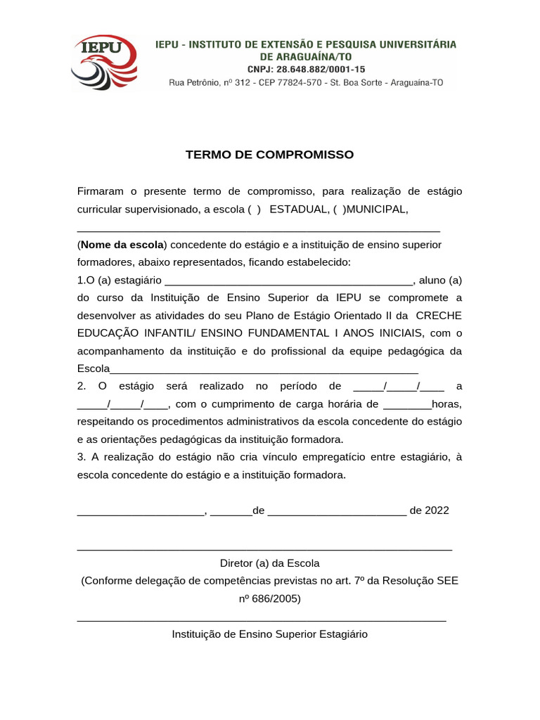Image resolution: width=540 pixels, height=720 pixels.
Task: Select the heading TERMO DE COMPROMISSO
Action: [x=269, y=155]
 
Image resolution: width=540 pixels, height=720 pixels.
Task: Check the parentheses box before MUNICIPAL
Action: [x=339, y=210]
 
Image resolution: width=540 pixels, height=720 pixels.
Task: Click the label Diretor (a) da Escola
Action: [x=269, y=563]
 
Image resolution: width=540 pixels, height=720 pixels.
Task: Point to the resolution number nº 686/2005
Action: [x=269, y=599]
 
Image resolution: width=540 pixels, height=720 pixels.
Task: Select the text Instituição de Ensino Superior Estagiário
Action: [x=269, y=634]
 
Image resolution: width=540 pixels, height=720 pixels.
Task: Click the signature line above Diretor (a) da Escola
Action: [x=264, y=548]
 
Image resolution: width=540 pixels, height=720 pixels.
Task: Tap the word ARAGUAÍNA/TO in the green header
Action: [x=306, y=56]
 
